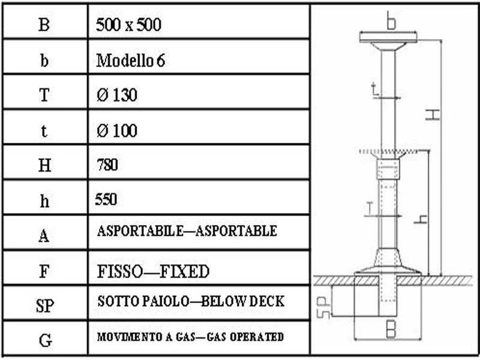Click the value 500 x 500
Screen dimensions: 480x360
(x=128, y=25)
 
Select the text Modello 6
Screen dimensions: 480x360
(x=131, y=61)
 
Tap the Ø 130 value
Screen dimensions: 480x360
(x=117, y=95)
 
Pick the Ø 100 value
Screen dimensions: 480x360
(x=117, y=131)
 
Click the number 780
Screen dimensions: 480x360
(x=107, y=165)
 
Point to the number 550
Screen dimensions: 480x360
(x=106, y=200)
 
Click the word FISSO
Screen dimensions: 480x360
(x=120, y=272)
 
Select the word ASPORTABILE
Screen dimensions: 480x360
(x=140, y=231)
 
